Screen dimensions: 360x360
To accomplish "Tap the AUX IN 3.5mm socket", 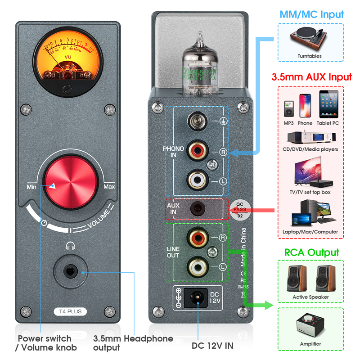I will point(197,208).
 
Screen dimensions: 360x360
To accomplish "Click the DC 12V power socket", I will point(196,297).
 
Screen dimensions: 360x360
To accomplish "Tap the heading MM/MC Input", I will point(311,14).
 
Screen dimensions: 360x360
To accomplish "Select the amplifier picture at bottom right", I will point(310,327).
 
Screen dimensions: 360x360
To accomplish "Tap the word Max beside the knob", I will point(109,186).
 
